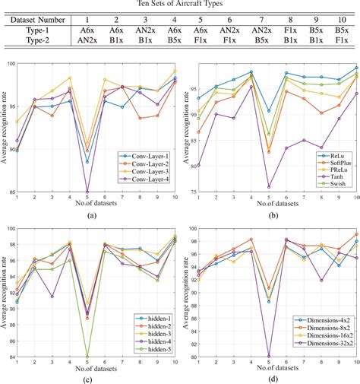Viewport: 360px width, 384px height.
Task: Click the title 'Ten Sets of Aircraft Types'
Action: [x=179, y=5]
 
